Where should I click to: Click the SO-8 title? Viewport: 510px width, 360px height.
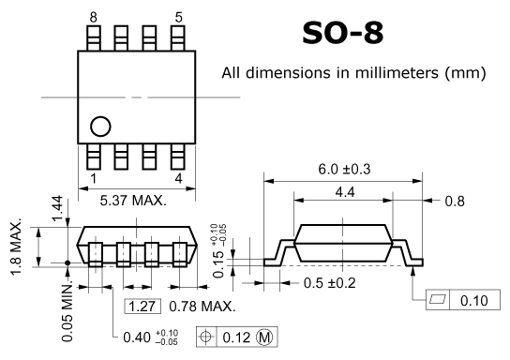[343, 33]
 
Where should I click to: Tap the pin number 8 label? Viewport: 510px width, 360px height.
[94, 18]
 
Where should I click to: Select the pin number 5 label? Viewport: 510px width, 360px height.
[179, 18]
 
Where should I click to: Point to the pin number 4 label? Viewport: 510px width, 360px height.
[178, 178]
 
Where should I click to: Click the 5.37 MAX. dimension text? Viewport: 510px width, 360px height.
[133, 201]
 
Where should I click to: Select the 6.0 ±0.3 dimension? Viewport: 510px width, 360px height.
[344, 170]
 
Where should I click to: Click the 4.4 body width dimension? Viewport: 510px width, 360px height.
[345, 192]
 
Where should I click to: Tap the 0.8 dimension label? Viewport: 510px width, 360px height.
[455, 202]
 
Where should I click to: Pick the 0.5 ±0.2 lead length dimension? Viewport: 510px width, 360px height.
[329, 283]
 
